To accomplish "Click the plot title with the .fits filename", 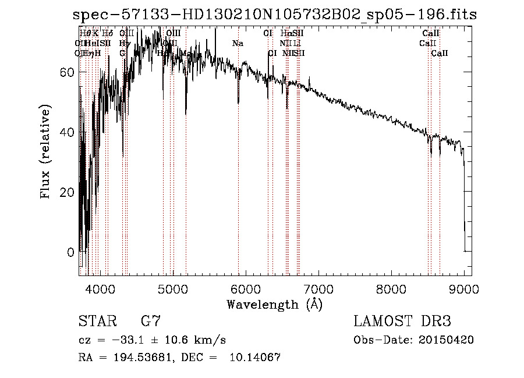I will coord(278,15).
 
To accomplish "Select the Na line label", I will coord(238,44).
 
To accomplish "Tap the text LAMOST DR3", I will coord(402,321).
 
